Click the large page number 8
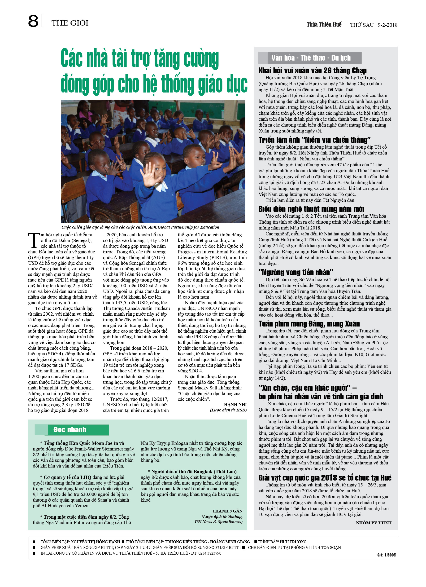[33, 22]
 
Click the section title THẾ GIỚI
[70, 23]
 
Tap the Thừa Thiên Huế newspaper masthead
[324, 25]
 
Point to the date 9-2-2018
[387, 25]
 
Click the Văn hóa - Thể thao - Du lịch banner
[311, 58]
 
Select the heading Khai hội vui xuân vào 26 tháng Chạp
[312, 71]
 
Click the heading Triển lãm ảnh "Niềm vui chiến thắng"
[314, 140]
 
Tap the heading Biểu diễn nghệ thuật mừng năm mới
[311, 209]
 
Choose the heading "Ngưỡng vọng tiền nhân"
[296, 272]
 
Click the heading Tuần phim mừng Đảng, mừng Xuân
[309, 323]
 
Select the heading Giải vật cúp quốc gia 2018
[325, 477]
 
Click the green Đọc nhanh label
[70, 430]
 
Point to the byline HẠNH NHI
[235, 405]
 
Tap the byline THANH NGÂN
[227, 511]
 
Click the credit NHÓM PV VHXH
[373, 523]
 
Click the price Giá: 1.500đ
[386, 555]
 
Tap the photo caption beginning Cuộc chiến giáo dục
[140, 227]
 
